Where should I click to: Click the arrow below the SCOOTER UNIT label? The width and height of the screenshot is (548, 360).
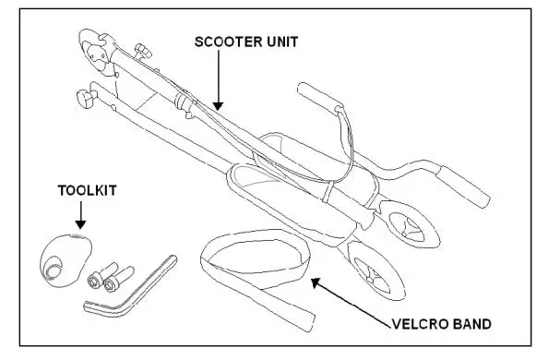[x=218, y=83]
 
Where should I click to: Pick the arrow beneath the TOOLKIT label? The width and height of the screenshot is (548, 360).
[x=80, y=218]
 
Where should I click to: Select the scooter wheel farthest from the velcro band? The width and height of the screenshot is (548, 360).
[x=407, y=223]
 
